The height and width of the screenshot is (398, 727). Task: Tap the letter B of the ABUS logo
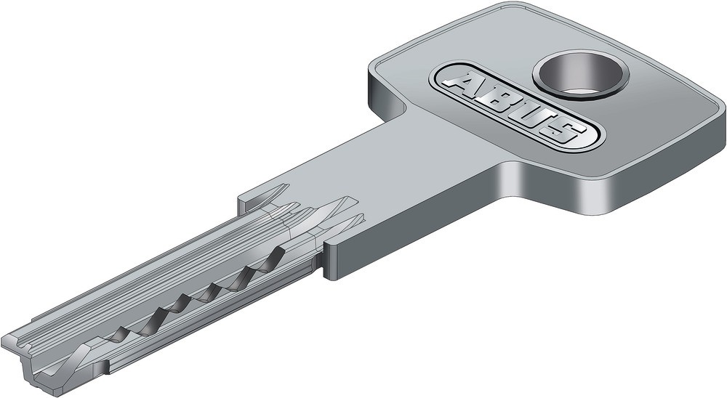click(x=500, y=102)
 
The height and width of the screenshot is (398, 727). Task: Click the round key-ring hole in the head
click(x=580, y=74)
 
